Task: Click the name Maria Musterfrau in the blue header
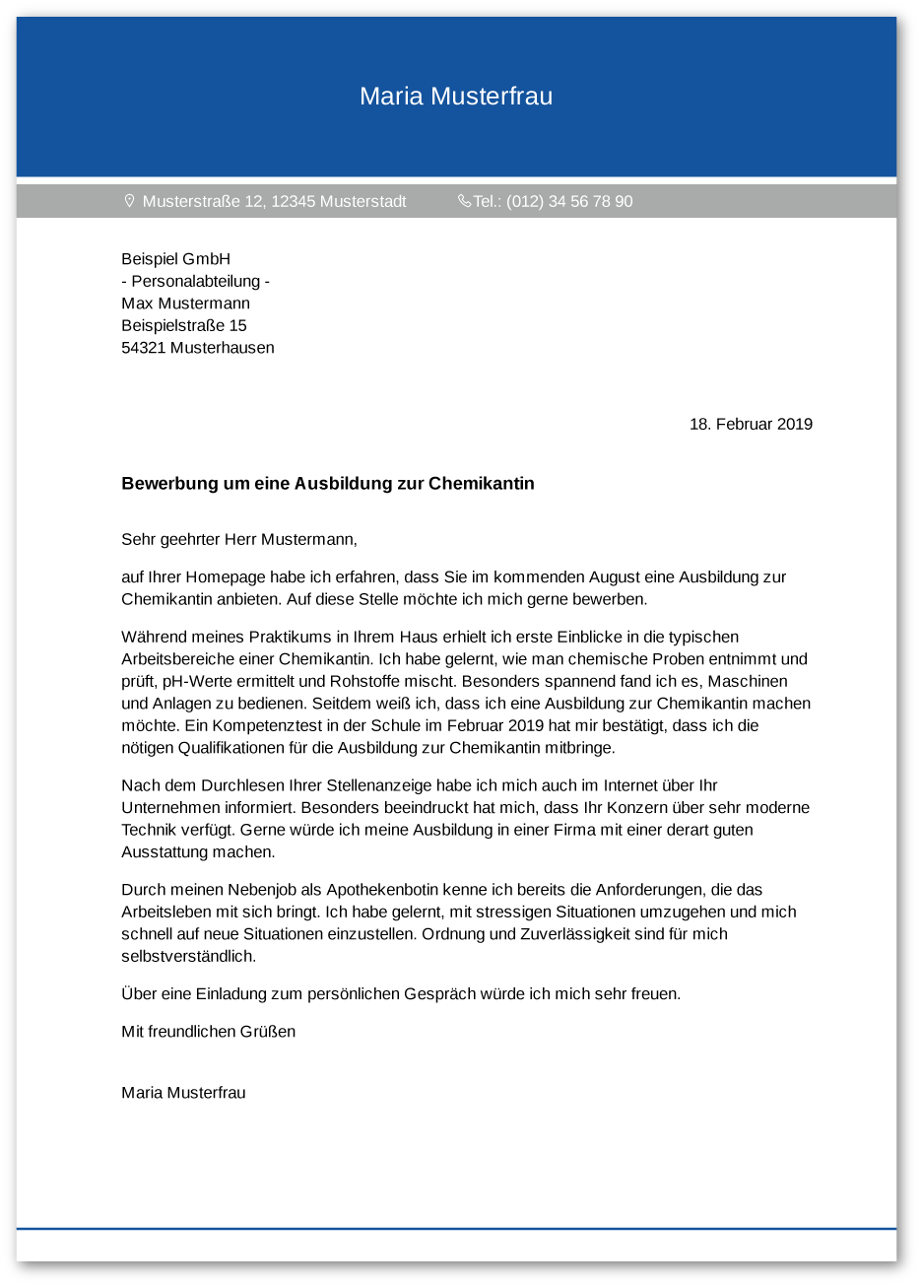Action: pyautogui.click(x=455, y=97)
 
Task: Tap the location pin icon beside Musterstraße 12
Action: pyautogui.click(x=129, y=201)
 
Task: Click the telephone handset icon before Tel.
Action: pyautogui.click(x=464, y=201)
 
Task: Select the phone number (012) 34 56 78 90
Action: pyautogui.click(x=569, y=202)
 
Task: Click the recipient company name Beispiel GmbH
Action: pyautogui.click(x=175, y=259)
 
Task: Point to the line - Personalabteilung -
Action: pyautogui.click(x=195, y=282)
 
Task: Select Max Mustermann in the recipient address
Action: pyautogui.click(x=185, y=304)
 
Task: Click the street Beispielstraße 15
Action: pyautogui.click(x=183, y=326)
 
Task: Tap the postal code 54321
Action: pyautogui.click(x=143, y=348)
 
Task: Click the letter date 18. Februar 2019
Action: pyautogui.click(x=751, y=425)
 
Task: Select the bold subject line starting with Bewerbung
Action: pyautogui.click(x=327, y=484)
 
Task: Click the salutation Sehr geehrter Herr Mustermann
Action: pyautogui.click(x=238, y=540)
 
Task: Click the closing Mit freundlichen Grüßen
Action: pyautogui.click(x=208, y=1032)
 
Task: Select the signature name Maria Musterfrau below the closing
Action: pyautogui.click(x=183, y=1093)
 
